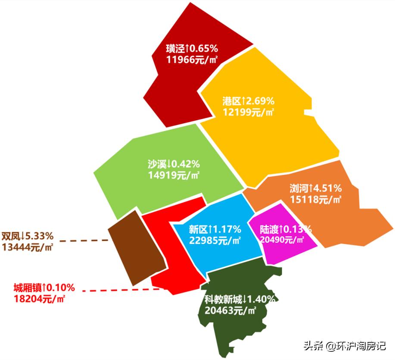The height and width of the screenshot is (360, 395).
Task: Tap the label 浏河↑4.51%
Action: tap(316, 188)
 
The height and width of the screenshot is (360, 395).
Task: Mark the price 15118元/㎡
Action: tap(316, 199)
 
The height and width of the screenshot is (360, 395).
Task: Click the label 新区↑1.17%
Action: tap(215, 229)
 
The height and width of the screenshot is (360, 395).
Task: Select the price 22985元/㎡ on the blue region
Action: tap(215, 240)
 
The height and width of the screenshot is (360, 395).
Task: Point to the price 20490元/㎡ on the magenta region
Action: tap(286, 240)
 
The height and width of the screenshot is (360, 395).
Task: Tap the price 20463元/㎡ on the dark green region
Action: tap(231, 310)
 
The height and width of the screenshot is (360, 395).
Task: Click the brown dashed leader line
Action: tap(84, 240)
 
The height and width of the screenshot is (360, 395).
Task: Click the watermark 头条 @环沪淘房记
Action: tap(345, 346)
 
